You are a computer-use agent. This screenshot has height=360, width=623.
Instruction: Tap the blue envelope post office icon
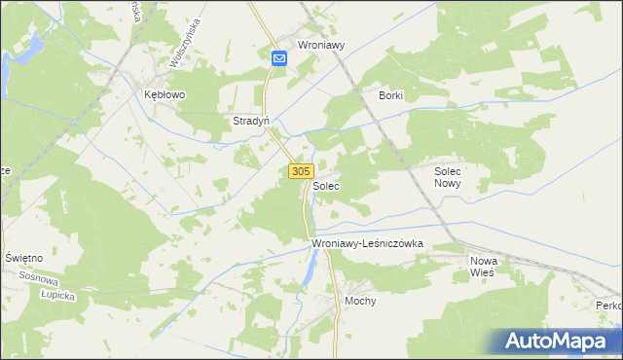[279, 59]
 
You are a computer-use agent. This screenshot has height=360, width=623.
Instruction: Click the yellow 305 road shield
[300, 171]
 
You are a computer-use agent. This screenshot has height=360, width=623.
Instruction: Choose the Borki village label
[390, 95]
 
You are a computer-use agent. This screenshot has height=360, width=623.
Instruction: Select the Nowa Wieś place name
[483, 267]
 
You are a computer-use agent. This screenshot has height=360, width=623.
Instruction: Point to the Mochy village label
[360, 301]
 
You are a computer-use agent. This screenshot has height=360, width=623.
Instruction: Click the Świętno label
[23, 257]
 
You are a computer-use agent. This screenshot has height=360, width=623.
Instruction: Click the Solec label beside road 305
[326, 185]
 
